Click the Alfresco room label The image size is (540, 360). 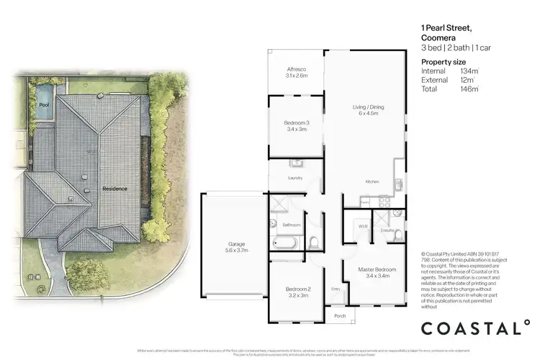[x=297, y=68]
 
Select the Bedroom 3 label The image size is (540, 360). [x=297, y=125]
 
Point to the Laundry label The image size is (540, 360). [x=295, y=178]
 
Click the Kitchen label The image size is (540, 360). [x=372, y=181]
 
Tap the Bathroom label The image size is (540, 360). [x=292, y=225]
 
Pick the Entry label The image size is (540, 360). [x=335, y=289]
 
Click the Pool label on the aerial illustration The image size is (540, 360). [x=43, y=106]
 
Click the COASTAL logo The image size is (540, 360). [x=475, y=328]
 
